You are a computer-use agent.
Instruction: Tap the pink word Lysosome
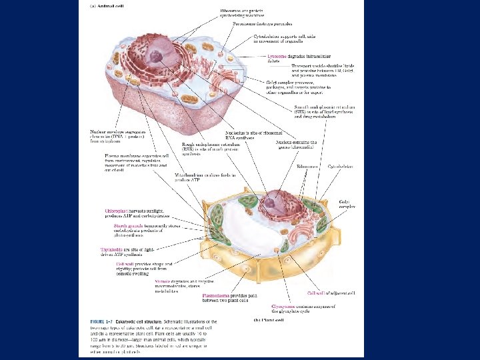click(277, 57)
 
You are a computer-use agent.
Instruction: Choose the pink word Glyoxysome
click(285, 305)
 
